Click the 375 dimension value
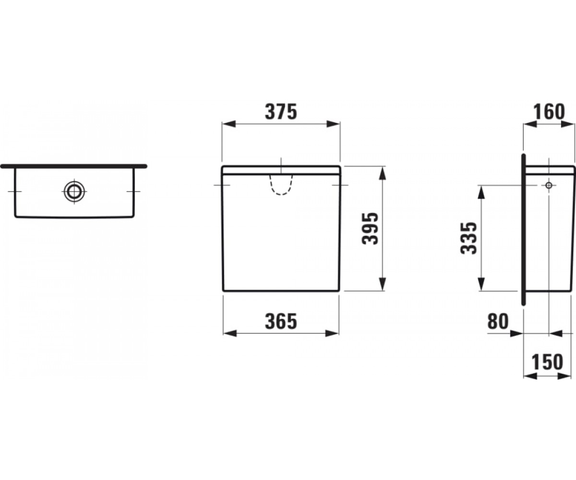click(281, 112)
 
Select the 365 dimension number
click(281, 322)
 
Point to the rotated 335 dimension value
click(468, 238)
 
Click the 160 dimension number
click(549, 112)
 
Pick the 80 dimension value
click(498, 322)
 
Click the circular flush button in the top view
click(74, 191)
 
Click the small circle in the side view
click(549, 185)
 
